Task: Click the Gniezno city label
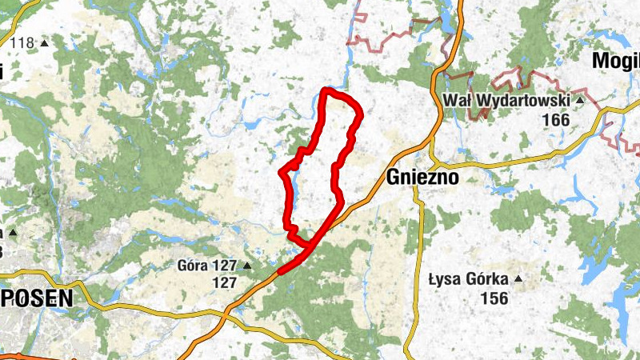tap(422, 178)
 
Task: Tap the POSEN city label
tap(36, 298)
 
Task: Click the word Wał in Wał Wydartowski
tap(456, 102)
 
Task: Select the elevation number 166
tap(555, 120)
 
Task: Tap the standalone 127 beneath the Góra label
tap(224, 282)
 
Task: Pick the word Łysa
tap(446, 280)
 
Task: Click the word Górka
tap(487, 280)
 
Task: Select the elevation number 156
tap(494, 298)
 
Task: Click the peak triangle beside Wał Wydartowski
tap(579, 102)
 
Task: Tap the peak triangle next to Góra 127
tap(247, 266)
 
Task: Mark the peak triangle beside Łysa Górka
tap(518, 280)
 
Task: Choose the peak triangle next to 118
tap(44, 43)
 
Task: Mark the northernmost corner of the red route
tap(325, 89)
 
